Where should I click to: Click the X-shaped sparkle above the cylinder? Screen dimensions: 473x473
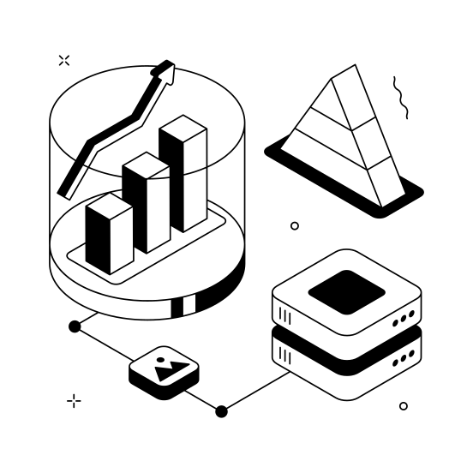63,60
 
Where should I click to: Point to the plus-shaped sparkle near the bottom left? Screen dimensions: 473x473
75,400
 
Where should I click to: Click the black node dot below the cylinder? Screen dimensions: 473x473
75,326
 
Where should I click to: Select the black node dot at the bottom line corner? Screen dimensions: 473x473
221,411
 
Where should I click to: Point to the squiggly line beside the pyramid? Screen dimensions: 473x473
400,97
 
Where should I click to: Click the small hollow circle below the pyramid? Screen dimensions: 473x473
295,226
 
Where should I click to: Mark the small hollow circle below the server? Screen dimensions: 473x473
404,406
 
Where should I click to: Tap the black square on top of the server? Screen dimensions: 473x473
346,290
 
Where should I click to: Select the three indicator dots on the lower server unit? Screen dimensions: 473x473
404,359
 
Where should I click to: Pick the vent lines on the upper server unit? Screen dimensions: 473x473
284,317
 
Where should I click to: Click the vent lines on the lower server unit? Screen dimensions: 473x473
284,355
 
